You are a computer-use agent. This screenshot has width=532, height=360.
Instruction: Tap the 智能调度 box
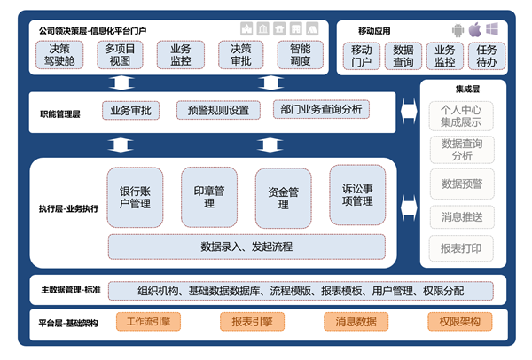tap(300, 55)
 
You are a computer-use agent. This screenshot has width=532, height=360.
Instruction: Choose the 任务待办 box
tap(487, 56)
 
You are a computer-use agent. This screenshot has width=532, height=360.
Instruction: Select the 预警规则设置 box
tap(218, 110)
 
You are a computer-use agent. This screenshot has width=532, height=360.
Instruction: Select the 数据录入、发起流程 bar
tap(246, 246)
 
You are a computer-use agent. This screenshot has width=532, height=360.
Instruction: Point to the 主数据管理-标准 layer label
tap(70, 290)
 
